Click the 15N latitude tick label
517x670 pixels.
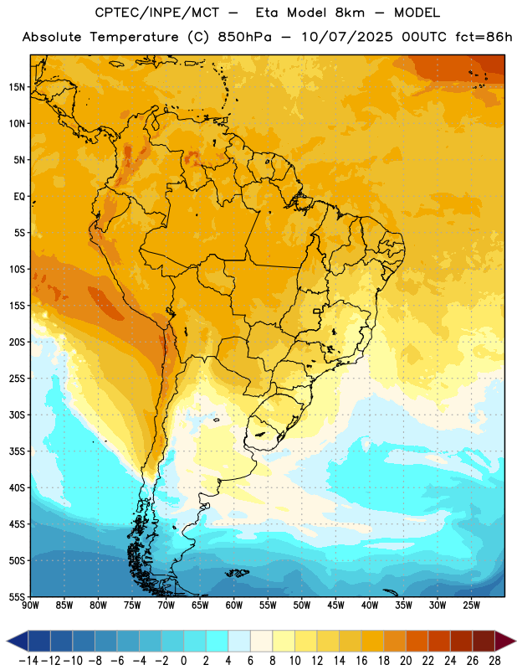point(17,87)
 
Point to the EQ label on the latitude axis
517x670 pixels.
point(19,197)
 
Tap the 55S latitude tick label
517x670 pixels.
point(17,596)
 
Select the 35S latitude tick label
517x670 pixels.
point(17,451)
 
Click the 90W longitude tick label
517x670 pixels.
point(30,605)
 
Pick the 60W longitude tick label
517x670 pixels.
point(234,605)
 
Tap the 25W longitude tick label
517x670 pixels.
point(471,605)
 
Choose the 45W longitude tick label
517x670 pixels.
point(335,605)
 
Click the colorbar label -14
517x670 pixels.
point(28,661)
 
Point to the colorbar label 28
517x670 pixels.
point(494,661)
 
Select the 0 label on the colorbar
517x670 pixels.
point(184,661)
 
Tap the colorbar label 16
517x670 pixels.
point(361,661)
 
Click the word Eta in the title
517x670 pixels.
point(267,13)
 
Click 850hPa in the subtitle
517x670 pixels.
point(244,37)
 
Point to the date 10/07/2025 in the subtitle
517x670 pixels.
point(347,37)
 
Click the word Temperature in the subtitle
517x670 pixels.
point(134,38)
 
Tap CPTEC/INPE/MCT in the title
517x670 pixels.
point(156,13)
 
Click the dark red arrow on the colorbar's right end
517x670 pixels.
point(505,642)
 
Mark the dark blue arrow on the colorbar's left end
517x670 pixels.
point(18,642)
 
